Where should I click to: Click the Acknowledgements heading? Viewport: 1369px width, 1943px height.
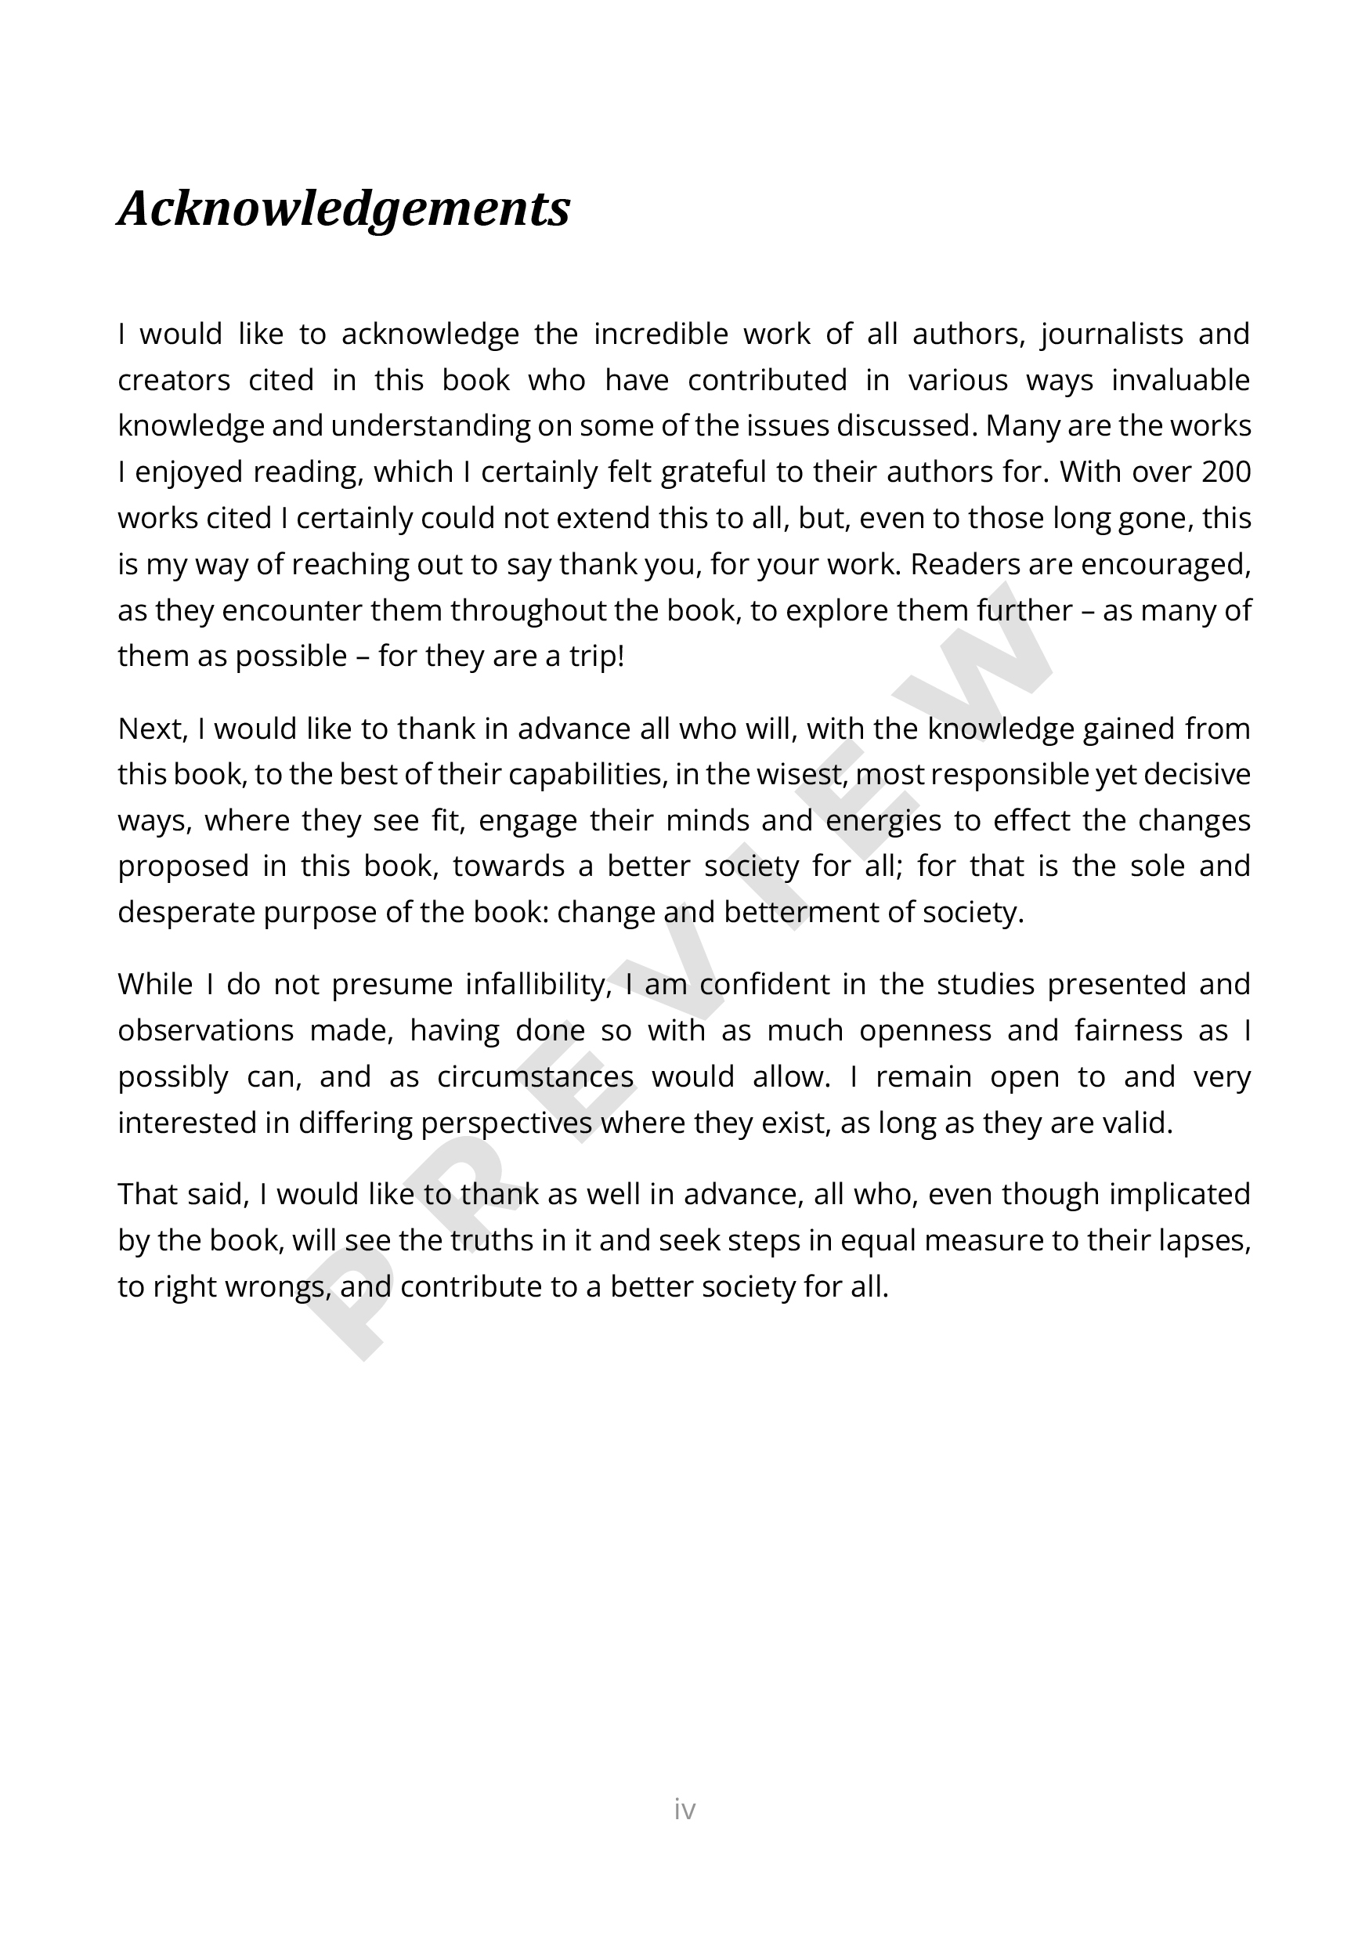344,208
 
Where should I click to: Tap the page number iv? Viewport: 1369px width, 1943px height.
684,1808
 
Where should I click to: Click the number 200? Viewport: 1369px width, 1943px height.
1225,472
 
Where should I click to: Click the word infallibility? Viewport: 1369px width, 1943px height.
538,984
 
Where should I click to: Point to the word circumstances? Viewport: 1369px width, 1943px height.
535,1076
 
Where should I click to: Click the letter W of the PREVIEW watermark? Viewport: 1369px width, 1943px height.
990,643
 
